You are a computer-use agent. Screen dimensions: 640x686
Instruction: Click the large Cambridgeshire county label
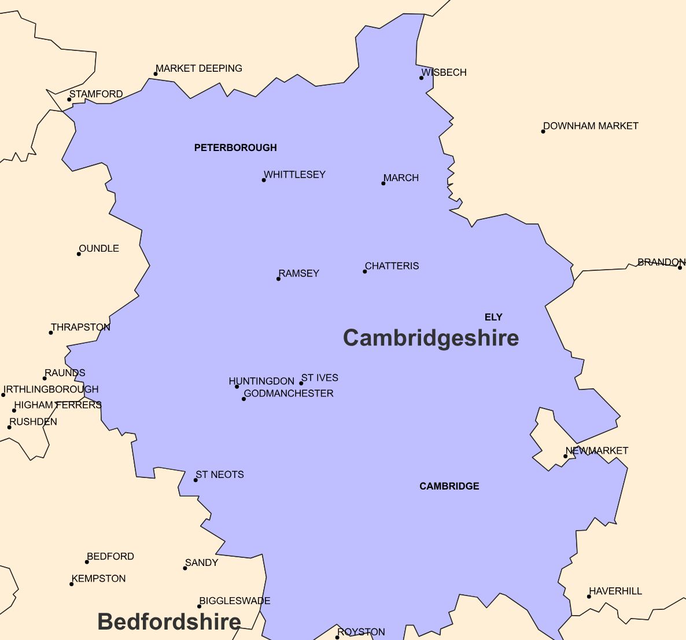click(x=431, y=338)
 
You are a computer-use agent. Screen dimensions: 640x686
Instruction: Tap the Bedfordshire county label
click(x=169, y=621)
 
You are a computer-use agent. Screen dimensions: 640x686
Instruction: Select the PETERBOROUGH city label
click(x=235, y=148)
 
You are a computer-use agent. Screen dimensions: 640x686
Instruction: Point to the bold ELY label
click(x=493, y=317)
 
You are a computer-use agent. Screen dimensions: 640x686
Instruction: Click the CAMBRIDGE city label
click(x=449, y=486)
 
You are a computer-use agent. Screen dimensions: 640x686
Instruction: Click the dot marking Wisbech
click(x=422, y=78)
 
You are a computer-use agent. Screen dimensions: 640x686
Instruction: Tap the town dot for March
click(x=383, y=183)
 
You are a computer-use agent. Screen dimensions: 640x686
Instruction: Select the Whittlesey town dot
click(x=264, y=180)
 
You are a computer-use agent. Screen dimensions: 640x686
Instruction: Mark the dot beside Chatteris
click(x=365, y=271)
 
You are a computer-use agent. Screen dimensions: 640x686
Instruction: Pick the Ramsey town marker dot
click(x=278, y=279)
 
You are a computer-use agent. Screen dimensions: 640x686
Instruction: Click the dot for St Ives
click(x=301, y=383)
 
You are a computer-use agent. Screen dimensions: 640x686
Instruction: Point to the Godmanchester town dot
click(x=244, y=399)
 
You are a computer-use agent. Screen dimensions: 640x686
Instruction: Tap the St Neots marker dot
click(x=196, y=480)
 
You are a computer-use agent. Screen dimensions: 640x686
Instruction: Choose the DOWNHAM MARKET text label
click(x=591, y=126)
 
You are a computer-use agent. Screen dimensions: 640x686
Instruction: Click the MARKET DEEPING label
click(x=199, y=68)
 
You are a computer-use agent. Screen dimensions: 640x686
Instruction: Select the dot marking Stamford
click(x=69, y=100)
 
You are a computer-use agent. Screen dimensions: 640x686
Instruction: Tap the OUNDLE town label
click(x=99, y=248)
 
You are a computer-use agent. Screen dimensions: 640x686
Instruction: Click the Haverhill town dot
click(x=589, y=597)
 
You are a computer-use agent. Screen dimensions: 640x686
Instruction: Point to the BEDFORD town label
click(x=110, y=556)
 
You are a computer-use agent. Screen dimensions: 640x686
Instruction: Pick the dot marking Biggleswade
click(x=200, y=606)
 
